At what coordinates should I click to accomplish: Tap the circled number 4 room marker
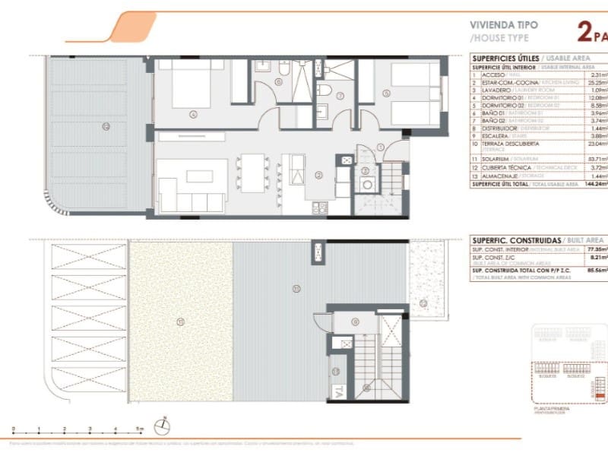(x=193, y=116)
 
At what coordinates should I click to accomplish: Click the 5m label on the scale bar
(x=140, y=429)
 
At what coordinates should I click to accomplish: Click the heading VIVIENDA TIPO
(x=505, y=24)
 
